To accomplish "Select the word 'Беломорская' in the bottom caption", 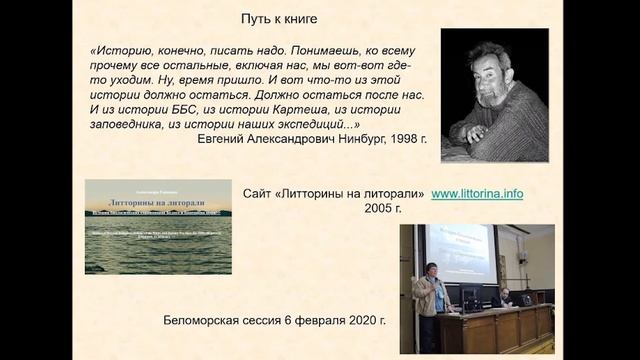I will (202, 322).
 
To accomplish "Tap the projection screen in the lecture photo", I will (457, 252).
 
